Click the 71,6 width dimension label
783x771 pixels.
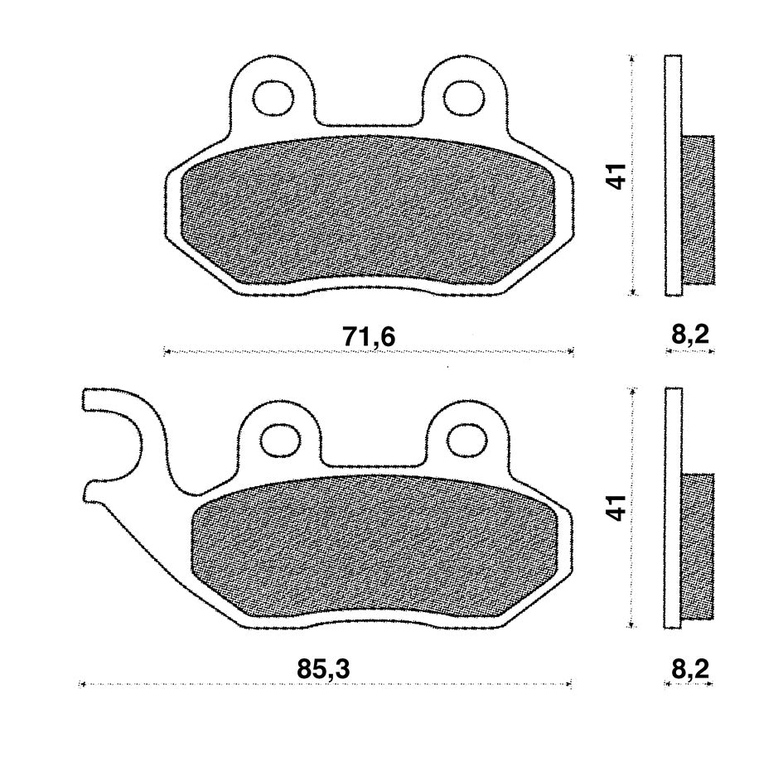click(369, 337)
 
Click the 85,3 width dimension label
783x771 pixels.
click(323, 668)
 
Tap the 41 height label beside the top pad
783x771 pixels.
click(618, 176)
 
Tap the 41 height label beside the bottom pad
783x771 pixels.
click(618, 508)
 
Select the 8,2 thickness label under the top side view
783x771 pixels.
click(689, 335)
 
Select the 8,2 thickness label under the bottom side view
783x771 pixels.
click(689, 668)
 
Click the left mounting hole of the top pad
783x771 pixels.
click(273, 98)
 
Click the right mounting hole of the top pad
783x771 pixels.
click(464, 98)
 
